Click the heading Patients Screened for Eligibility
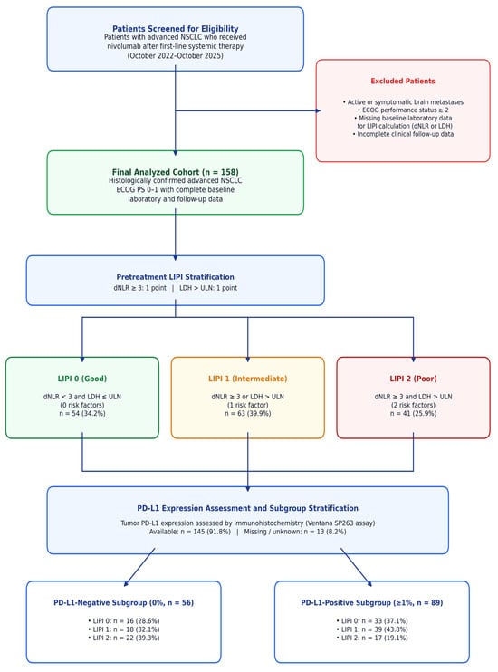tap(176, 29)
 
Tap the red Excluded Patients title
tap(403, 81)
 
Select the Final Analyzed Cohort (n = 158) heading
tap(176, 172)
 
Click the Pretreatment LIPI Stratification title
tap(176, 277)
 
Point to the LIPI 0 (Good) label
tap(82, 379)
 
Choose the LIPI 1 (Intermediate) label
tap(248, 379)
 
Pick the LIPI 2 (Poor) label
tap(413, 379)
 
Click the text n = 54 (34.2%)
tap(82, 414)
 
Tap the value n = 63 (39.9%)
tap(248, 414)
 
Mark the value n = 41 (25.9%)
tap(413, 414)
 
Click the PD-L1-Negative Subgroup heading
tap(123, 602)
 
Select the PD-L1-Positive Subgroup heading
tap(372, 602)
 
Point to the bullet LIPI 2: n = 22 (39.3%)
tap(123, 638)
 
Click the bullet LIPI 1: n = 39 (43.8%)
tap(372, 629)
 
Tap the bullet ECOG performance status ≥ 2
tap(403, 110)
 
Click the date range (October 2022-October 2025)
tap(176, 56)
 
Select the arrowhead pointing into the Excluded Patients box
tap(319, 110)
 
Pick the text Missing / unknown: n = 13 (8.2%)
tap(295, 532)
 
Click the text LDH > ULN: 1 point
tap(208, 288)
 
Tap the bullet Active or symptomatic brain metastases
tap(403, 102)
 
